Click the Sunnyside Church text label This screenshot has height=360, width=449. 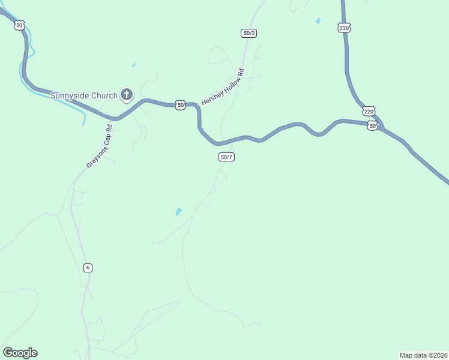(x=83, y=95)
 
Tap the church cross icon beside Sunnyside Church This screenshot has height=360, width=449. (x=127, y=94)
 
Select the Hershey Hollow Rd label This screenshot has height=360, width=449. (x=223, y=88)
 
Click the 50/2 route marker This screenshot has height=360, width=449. (x=249, y=33)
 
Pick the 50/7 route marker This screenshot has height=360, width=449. (x=226, y=157)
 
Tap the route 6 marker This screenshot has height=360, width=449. (x=88, y=268)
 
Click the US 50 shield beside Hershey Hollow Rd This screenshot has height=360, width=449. (x=181, y=105)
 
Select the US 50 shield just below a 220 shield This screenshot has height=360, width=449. (x=373, y=126)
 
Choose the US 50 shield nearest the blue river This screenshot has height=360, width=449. (x=20, y=25)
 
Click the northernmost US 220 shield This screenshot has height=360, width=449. (x=344, y=28)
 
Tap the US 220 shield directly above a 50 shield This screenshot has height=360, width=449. (x=369, y=112)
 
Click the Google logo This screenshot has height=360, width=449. (x=20, y=353)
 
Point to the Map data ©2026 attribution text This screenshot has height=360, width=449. (x=423, y=355)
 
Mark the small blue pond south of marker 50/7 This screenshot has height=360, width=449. (x=178, y=212)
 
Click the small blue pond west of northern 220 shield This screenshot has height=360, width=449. (x=318, y=21)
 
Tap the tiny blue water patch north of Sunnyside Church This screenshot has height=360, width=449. (x=133, y=65)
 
